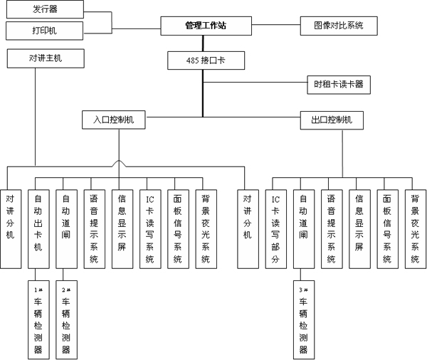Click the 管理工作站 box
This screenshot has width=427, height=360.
pyautogui.click(x=206, y=26)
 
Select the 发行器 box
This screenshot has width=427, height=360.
pyautogui.click(x=44, y=9)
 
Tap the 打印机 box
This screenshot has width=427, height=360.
pyautogui.click(x=44, y=31)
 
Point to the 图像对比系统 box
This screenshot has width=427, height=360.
pyautogui.click(x=339, y=26)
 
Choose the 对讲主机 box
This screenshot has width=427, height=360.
pyautogui.click(x=44, y=58)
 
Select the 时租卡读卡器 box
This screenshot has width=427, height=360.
pyautogui.click(x=339, y=84)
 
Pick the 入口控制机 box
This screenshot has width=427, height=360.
pyautogui.click(x=114, y=120)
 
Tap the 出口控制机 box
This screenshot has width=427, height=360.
pyautogui.click(x=332, y=120)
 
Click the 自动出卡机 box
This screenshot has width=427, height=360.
pyautogui.click(x=38, y=228)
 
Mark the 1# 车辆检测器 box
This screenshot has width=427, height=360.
pyautogui.click(x=38, y=319)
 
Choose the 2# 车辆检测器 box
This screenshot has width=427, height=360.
pyautogui.click(x=65, y=319)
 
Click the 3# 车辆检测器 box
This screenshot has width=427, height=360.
pyautogui.click(x=304, y=319)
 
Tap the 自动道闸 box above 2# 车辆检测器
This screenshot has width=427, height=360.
pyautogui.click(x=65, y=228)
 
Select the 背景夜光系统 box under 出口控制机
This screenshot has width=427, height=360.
pyautogui.click(x=415, y=228)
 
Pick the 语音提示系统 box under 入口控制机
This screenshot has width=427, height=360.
pyautogui.click(x=94, y=228)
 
